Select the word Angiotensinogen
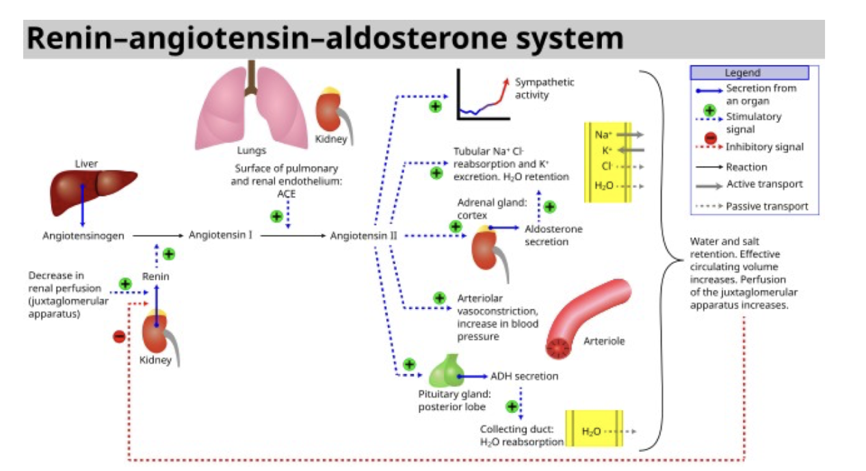[x=83, y=236]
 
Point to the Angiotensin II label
[x=363, y=236]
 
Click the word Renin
[x=155, y=276]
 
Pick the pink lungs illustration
[x=251, y=109]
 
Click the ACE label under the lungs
[x=286, y=193]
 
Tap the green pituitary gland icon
[x=446, y=372]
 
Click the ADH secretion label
[x=524, y=376]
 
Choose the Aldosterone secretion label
[x=553, y=235]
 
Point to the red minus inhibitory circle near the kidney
[x=119, y=336]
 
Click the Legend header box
[x=749, y=72]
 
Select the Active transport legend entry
[x=764, y=184]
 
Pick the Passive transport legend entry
[x=767, y=206]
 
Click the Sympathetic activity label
[x=544, y=88]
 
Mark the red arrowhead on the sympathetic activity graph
[x=506, y=81]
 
